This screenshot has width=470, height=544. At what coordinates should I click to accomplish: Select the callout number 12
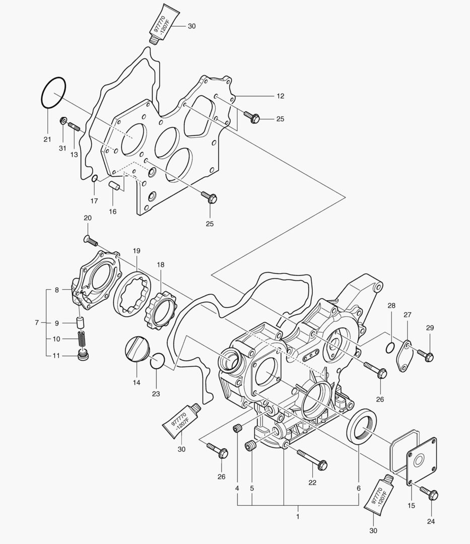click(280, 96)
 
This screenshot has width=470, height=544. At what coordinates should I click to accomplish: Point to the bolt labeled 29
click(426, 356)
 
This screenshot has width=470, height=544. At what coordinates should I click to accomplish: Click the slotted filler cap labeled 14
click(137, 350)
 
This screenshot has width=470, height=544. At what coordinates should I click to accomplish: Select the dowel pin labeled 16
click(114, 186)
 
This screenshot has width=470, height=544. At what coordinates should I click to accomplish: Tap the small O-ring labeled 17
click(94, 178)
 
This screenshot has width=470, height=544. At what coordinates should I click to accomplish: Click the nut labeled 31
click(63, 121)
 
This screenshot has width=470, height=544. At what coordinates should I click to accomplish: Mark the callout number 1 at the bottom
click(298, 516)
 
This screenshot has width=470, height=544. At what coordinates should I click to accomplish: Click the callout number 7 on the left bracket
click(37, 322)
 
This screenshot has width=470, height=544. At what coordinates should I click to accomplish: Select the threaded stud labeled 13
click(75, 127)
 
